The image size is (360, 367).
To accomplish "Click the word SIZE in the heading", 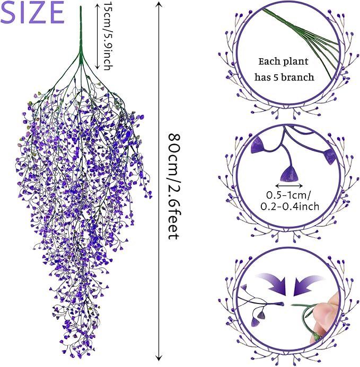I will coord(33,13).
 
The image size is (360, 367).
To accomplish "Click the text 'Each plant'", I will coord(284,61).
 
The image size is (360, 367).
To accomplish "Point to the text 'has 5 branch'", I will coord(284,77).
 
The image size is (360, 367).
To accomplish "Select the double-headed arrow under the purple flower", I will coord(289,185).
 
